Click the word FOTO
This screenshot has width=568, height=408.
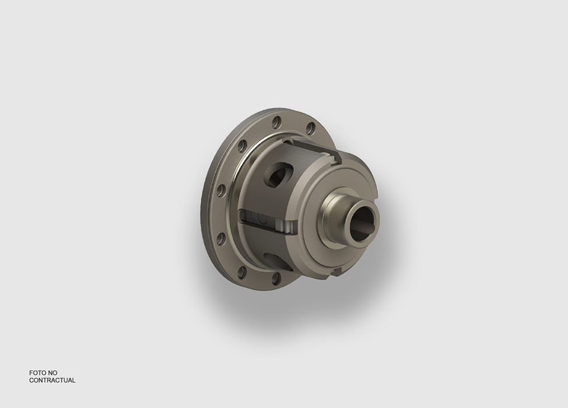tap(38, 372)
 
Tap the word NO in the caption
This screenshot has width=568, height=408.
tap(52, 372)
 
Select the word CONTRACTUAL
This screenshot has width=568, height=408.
tap(52, 380)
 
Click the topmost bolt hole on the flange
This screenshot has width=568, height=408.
tap(277, 122)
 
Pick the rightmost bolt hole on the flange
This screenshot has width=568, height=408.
tap(311, 128)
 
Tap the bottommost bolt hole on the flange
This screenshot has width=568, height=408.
tap(276, 278)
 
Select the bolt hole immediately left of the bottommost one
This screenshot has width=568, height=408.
tap(243, 272)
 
